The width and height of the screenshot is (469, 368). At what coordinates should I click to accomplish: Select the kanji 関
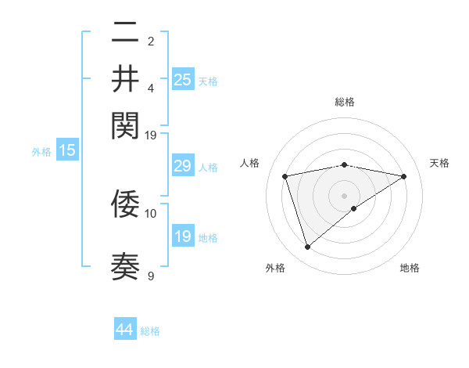[x=125, y=124]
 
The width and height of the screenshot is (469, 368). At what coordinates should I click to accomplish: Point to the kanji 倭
[x=125, y=204]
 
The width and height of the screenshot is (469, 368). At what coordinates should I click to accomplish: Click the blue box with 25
[x=183, y=79]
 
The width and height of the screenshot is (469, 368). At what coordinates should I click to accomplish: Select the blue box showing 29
[x=183, y=166]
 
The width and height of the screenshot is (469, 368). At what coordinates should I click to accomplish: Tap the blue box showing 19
[x=183, y=236]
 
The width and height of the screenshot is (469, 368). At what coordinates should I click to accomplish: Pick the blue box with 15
[x=67, y=151]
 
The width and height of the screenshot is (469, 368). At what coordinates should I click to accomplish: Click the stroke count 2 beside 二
[x=151, y=41]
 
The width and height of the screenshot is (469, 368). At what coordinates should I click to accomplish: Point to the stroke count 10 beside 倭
[x=151, y=212]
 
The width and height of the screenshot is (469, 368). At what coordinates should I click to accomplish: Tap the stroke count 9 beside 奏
[x=151, y=276]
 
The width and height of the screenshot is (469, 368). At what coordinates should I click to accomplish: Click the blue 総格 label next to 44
[x=150, y=331]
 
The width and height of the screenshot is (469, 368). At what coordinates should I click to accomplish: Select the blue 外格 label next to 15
[x=41, y=152]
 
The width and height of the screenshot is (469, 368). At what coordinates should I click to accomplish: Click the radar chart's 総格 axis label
[x=344, y=102]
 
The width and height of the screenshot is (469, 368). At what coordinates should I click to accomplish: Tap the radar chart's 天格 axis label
[x=439, y=163]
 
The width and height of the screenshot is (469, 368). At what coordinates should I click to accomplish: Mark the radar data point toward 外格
[x=307, y=247]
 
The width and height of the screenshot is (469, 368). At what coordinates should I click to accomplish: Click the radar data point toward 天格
[x=404, y=176]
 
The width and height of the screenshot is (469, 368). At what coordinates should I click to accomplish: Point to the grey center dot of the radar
[x=344, y=194]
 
